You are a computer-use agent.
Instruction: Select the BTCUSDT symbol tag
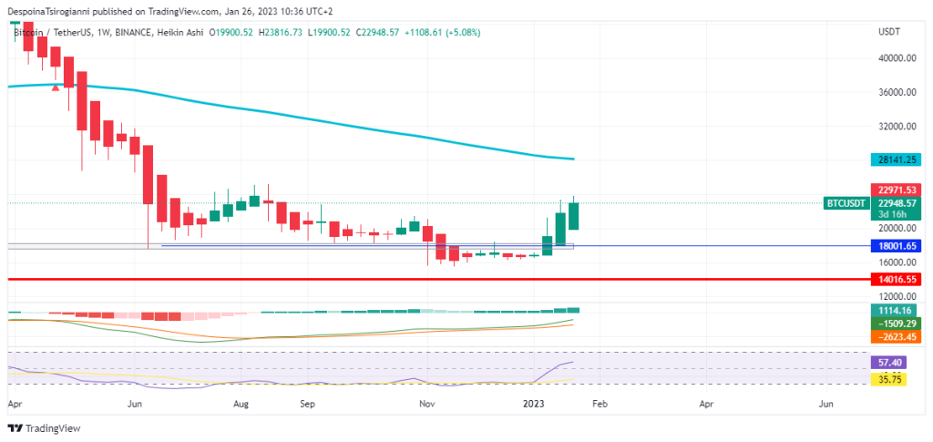click(x=845, y=202)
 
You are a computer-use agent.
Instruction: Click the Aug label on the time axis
click(x=241, y=402)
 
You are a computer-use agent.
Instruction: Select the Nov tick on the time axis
click(x=426, y=402)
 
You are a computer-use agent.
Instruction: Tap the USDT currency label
click(x=888, y=32)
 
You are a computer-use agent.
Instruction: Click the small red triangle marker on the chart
click(x=56, y=87)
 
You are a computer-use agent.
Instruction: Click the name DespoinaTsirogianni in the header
click(x=56, y=12)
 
